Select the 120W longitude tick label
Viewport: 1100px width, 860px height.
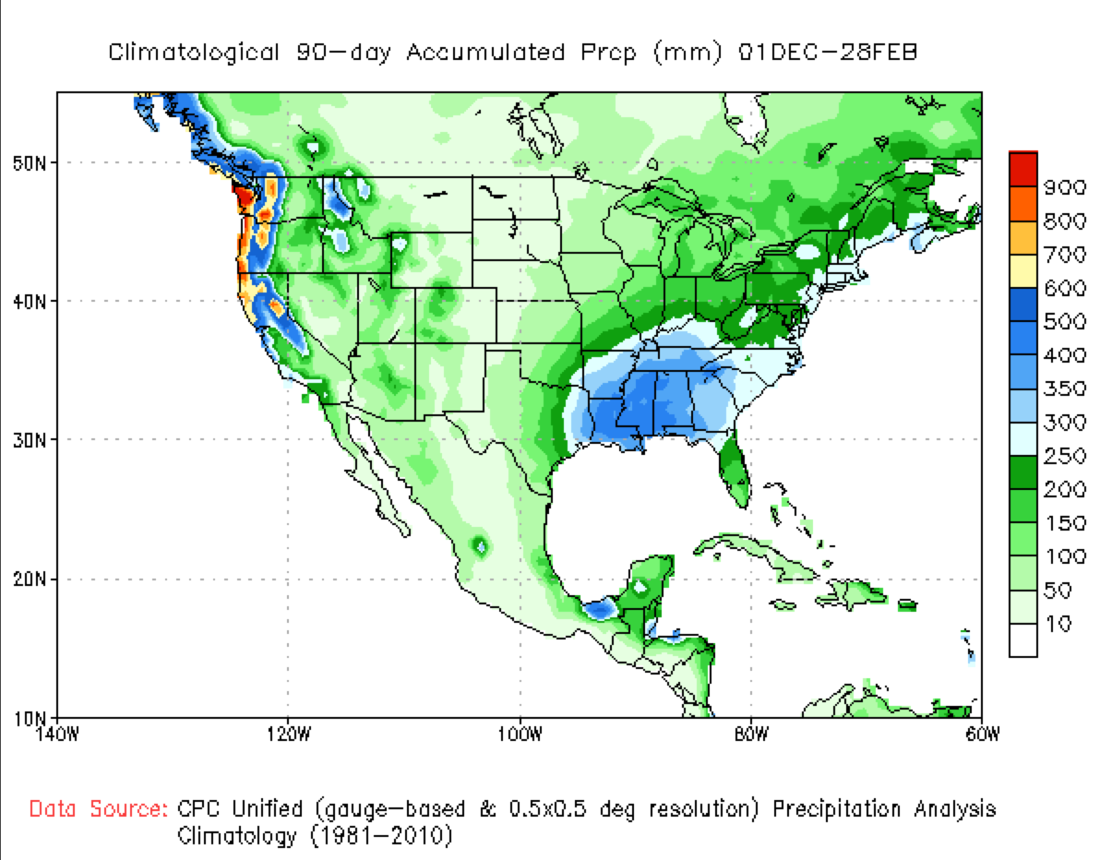click(288, 734)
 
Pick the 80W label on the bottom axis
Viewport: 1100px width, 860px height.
click(751, 734)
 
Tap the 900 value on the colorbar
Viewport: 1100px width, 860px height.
click(1064, 187)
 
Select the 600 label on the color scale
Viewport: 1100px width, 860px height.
click(1064, 288)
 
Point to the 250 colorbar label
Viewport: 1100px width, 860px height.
click(1064, 456)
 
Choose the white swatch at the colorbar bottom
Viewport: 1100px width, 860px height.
click(1022, 639)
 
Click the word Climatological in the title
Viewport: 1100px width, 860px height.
click(193, 53)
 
